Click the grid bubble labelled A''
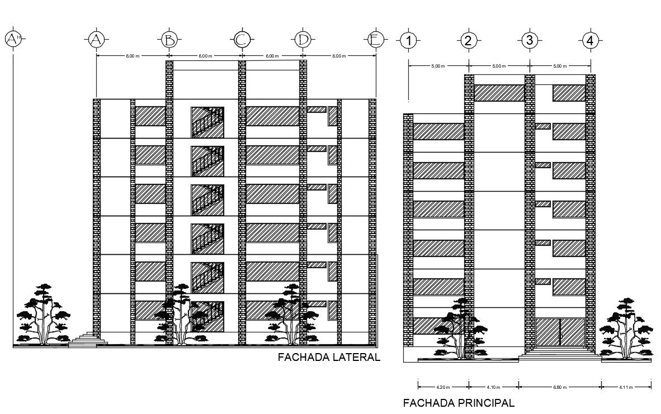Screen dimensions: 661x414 pyautogui.click(x=12, y=39)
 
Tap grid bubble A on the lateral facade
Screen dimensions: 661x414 pyautogui.click(x=96, y=39)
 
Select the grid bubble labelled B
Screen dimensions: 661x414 pyautogui.click(x=169, y=39)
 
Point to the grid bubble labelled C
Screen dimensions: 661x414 pyautogui.click(x=242, y=39)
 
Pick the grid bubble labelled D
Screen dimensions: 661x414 pyautogui.click(x=303, y=39)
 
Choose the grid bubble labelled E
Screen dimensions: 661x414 pyautogui.click(x=375, y=39)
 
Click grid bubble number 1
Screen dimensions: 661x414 pyautogui.click(x=409, y=40)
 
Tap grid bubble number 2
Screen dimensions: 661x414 pyautogui.click(x=469, y=40)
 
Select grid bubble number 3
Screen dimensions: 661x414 pyautogui.click(x=529, y=40)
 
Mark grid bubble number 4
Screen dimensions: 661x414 pyautogui.click(x=589, y=40)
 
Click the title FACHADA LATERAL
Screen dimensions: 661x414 pyautogui.click(x=329, y=358)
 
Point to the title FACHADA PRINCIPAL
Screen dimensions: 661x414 pyautogui.click(x=458, y=403)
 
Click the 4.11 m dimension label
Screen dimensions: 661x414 pyautogui.click(x=626, y=387)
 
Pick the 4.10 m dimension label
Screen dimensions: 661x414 pyautogui.click(x=493, y=387)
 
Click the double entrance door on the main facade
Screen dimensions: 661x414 pyautogui.click(x=560, y=333)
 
